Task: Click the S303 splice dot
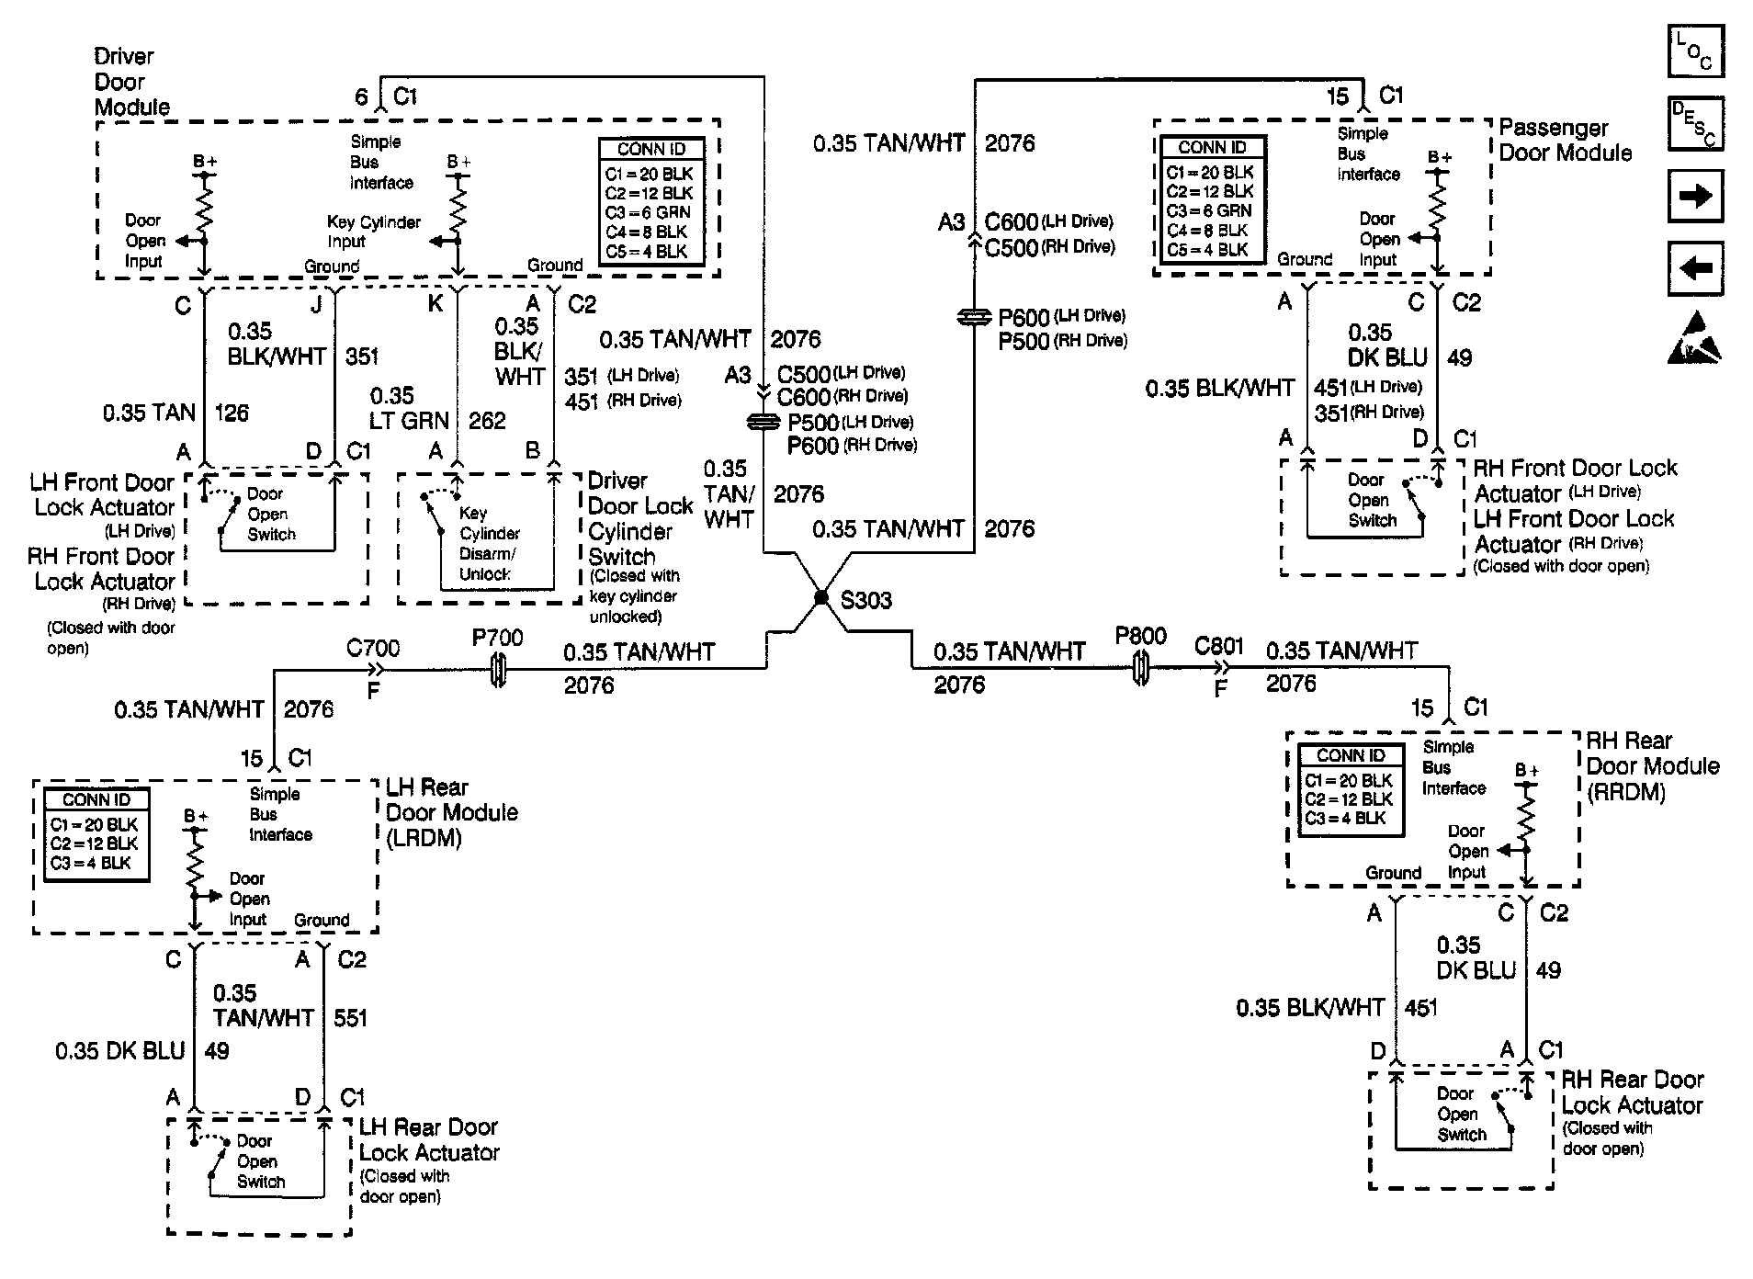(x=820, y=597)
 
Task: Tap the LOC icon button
(x=1695, y=51)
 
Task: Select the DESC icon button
(x=1695, y=124)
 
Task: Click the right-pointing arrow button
(x=1695, y=196)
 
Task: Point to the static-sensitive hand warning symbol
(x=1695, y=338)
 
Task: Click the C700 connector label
(x=372, y=649)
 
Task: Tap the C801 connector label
(x=1218, y=646)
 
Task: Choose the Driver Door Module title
(x=131, y=82)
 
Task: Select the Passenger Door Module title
(x=1565, y=141)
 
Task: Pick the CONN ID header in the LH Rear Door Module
(x=96, y=800)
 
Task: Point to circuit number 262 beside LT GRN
(x=487, y=421)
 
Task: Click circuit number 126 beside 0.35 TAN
(x=232, y=413)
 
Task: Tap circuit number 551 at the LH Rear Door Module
(x=350, y=1018)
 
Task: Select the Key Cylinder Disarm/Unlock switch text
(x=487, y=543)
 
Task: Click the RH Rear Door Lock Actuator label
(x=1632, y=1092)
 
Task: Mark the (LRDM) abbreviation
(x=424, y=838)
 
